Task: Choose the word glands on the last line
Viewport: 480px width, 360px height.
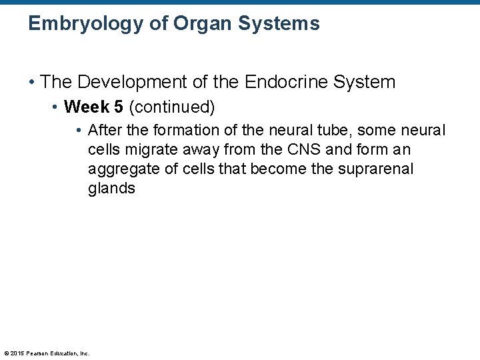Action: coord(111,189)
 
